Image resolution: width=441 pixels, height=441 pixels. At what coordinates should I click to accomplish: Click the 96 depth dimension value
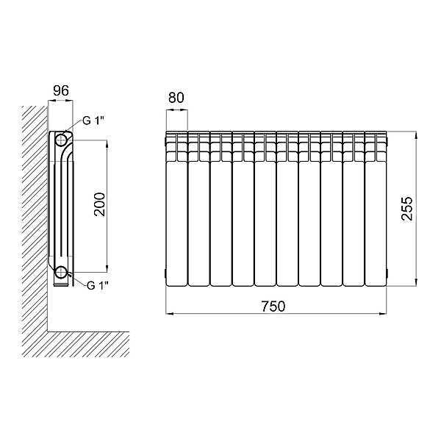(x=61, y=90)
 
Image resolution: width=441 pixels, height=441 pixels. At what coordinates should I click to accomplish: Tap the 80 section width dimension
(x=176, y=98)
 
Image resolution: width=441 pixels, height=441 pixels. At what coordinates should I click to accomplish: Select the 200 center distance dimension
(x=99, y=204)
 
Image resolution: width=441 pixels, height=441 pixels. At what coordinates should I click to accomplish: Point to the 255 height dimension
(x=407, y=209)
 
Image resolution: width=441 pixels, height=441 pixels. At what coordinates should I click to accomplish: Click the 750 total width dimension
(x=273, y=306)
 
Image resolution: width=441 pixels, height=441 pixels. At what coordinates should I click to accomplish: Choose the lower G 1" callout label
(x=98, y=285)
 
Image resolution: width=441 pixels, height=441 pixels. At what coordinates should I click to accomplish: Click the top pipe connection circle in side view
(x=61, y=140)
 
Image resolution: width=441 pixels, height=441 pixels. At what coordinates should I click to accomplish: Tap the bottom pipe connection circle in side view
(x=61, y=272)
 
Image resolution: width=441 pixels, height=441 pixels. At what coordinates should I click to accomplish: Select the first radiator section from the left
(x=176, y=209)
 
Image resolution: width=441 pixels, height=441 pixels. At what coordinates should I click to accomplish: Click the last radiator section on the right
(x=376, y=209)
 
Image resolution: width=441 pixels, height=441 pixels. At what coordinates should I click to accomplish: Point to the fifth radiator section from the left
(x=265, y=209)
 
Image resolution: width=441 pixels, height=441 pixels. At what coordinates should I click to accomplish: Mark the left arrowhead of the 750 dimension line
(x=169, y=313)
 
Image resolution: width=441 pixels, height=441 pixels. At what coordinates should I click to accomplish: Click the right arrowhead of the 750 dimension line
(x=384, y=313)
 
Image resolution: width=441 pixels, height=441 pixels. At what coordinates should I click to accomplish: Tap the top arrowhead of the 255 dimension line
(x=417, y=135)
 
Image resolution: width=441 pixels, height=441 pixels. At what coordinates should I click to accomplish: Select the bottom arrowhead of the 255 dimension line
(x=417, y=283)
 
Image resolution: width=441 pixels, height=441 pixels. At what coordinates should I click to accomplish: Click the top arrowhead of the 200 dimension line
(x=107, y=143)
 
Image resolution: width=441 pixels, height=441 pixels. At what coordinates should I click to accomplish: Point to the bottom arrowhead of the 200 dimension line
(x=107, y=268)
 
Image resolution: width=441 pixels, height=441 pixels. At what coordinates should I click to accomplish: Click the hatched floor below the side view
(x=76, y=344)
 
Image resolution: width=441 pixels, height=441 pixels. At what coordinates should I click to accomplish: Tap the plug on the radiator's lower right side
(x=387, y=273)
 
